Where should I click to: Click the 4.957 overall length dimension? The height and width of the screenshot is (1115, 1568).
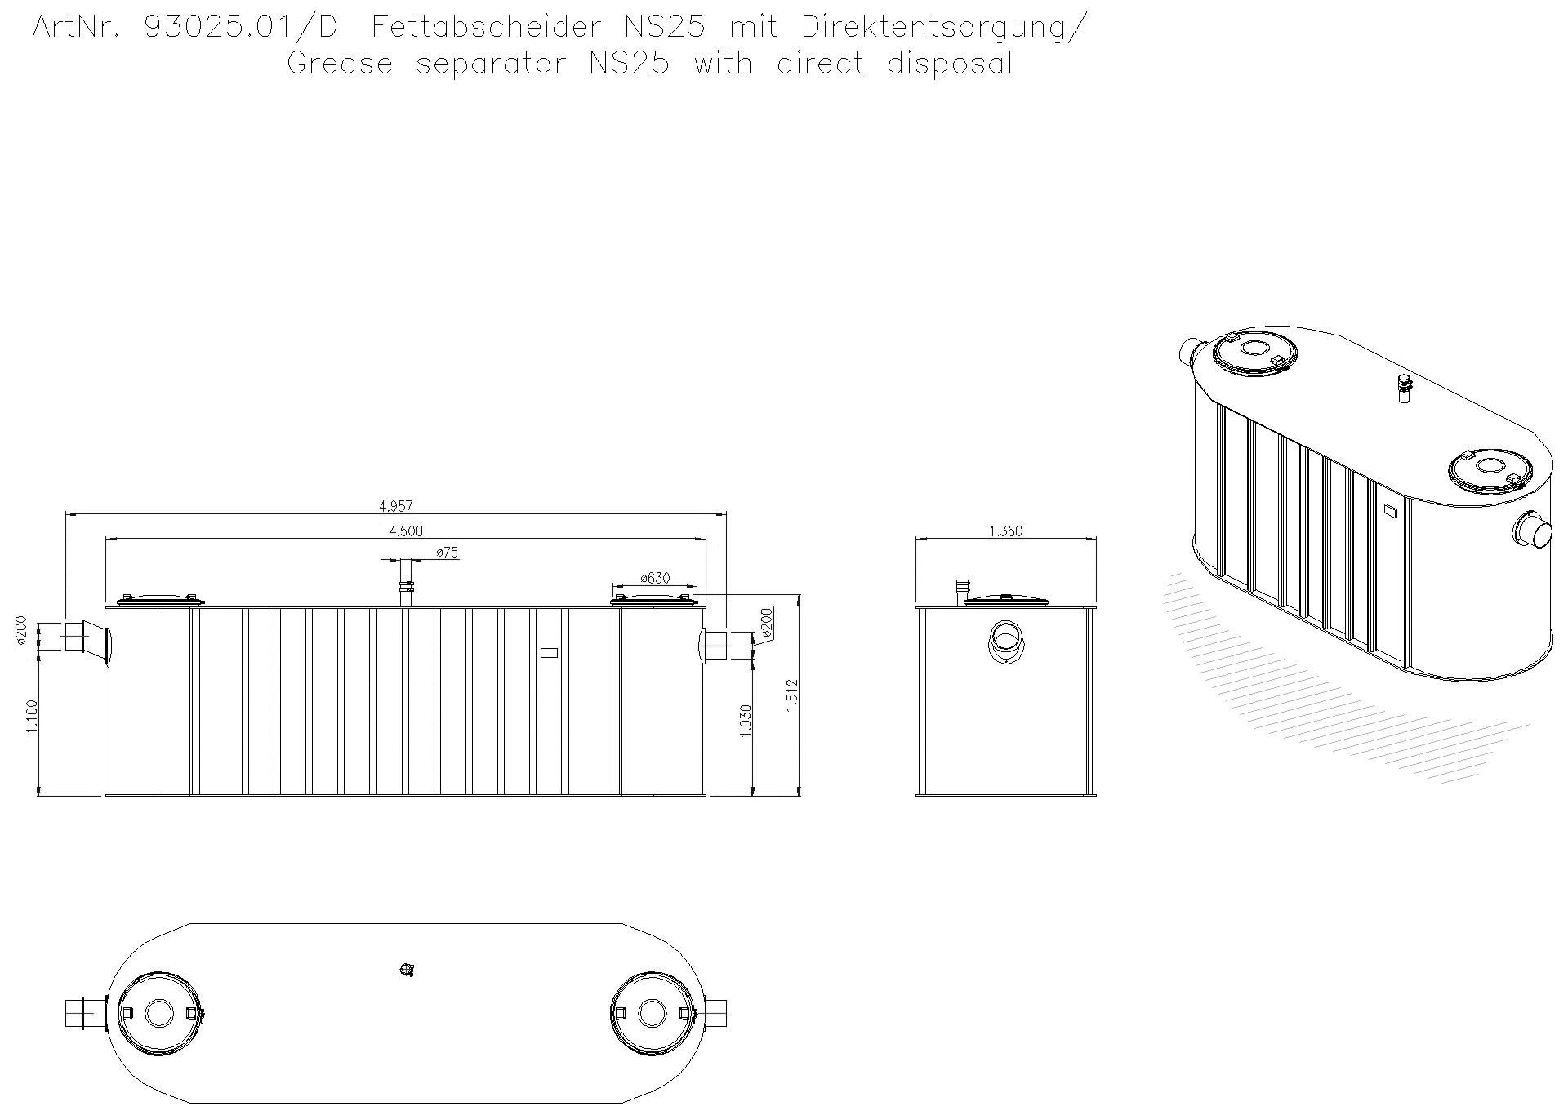[395, 507]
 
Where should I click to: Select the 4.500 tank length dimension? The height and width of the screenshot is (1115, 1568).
[406, 531]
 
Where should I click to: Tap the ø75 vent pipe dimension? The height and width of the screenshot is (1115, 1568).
[447, 553]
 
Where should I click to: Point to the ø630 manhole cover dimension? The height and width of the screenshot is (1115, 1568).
[654, 578]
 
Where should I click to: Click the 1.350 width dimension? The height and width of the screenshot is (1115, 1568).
[1005, 531]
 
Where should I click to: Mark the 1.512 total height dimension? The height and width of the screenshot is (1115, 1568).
[791, 695]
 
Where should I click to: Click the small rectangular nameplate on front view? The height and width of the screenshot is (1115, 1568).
[550, 652]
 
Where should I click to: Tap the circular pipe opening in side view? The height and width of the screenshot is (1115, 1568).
[1005, 637]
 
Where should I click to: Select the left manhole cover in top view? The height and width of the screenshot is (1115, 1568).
[159, 1013]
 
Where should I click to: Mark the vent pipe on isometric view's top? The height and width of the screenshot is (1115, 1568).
[1404, 389]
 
